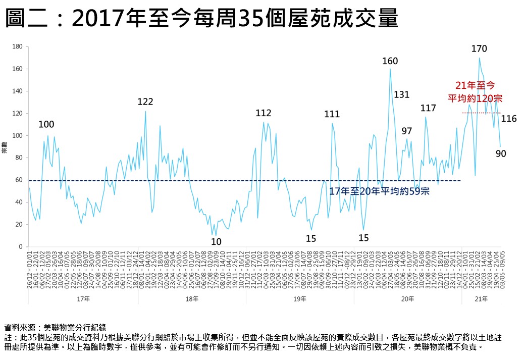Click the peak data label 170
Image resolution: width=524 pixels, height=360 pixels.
[479, 49]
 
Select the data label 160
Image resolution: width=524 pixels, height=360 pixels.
[390, 61]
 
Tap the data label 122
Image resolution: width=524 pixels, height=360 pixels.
[145, 102]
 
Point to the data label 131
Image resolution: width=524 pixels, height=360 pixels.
[401, 94]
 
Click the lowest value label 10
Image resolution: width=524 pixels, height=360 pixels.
[216, 242]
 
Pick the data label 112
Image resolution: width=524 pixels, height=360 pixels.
[264, 113]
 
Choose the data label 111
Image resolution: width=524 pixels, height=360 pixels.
[332, 115]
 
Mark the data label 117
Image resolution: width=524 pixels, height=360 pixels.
[428, 108]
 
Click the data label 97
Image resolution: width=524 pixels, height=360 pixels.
[407, 131]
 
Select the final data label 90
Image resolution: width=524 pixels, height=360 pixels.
[501, 153]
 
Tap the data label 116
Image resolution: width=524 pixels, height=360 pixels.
[509, 119]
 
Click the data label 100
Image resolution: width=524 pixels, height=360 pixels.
[46, 124]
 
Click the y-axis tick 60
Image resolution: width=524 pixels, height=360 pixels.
[19, 180]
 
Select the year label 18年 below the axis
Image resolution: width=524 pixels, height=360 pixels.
[192, 299]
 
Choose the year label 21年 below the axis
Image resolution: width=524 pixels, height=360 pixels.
[482, 299]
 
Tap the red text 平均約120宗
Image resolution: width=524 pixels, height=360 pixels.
[475, 98]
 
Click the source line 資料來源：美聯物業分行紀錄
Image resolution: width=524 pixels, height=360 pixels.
[56, 327]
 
